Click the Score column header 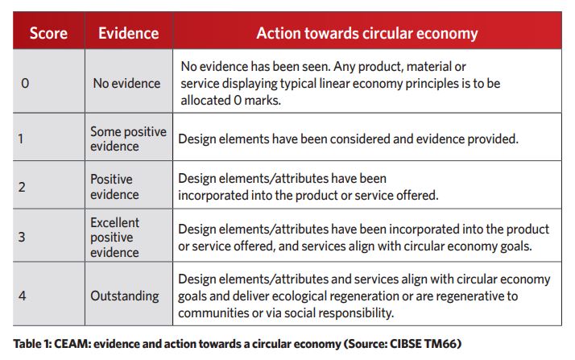tap(48, 33)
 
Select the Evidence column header tap(128, 33)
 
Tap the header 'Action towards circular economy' tap(367, 33)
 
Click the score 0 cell tap(25, 83)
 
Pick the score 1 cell tap(21, 139)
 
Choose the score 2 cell tap(22, 187)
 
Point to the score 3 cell tap(22, 237)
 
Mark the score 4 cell tap(22, 296)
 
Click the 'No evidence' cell tap(126, 83)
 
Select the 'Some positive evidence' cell tap(128, 139)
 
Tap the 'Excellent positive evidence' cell tap(115, 238)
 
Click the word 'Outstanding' tap(125, 296)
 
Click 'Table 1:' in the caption tap(32, 344)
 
